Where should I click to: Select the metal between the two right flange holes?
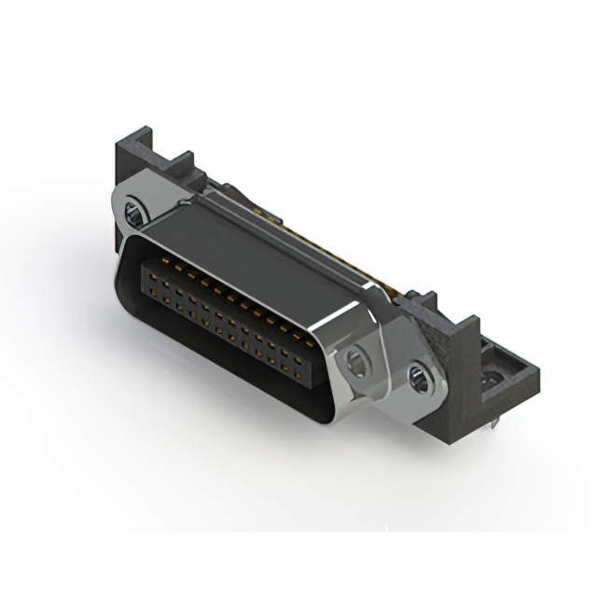tap(388, 368)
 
